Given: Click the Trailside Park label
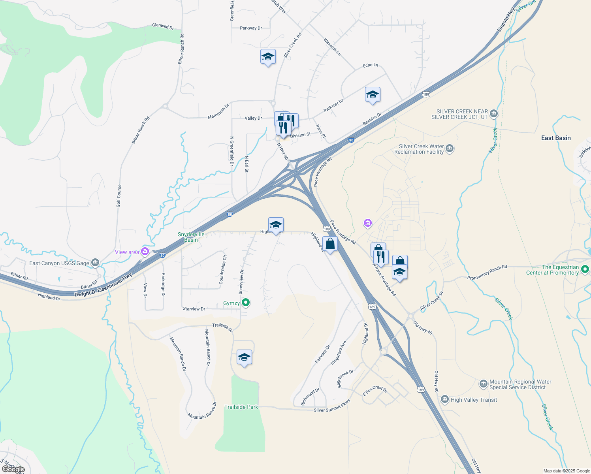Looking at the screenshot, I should (241, 407).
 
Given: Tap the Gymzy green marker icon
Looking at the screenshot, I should (246, 303).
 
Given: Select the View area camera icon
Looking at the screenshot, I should (145, 251).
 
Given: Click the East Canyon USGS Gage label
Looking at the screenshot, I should (59, 263).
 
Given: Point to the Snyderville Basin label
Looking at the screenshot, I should (191, 237).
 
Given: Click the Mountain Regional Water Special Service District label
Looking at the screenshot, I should (520, 384).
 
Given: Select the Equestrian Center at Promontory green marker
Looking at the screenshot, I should (585, 270).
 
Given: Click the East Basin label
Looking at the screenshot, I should (556, 138).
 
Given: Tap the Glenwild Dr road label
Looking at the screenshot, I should (163, 26).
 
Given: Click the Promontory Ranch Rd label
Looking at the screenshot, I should (487, 273).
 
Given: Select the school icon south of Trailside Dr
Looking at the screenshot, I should (244, 357).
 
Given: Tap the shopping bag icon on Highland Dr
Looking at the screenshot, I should (330, 244).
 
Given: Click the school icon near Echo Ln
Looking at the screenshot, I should (373, 95).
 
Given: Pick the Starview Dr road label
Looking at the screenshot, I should (194, 309).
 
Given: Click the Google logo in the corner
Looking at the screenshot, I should (13, 469).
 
